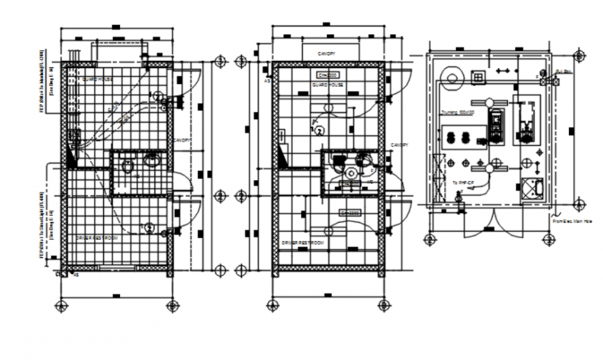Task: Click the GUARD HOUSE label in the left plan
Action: pyautogui.click(x=98, y=80)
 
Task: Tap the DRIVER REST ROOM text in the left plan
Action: pyautogui.click(x=96, y=237)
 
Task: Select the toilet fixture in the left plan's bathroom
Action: pyautogui.click(x=127, y=166)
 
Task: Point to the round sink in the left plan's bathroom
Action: pyautogui.click(x=152, y=161)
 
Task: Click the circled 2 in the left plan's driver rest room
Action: pyautogui.click(x=148, y=227)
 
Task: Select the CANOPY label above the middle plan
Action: pyautogui.click(x=326, y=53)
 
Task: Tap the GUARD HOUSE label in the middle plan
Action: pyautogui.click(x=327, y=83)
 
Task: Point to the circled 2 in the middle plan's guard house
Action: pyautogui.click(x=320, y=129)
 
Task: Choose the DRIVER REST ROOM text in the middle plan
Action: pyautogui.click(x=302, y=243)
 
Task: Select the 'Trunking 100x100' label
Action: pyautogui.click(x=457, y=112)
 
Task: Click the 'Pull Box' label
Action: pyautogui.click(x=565, y=71)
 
